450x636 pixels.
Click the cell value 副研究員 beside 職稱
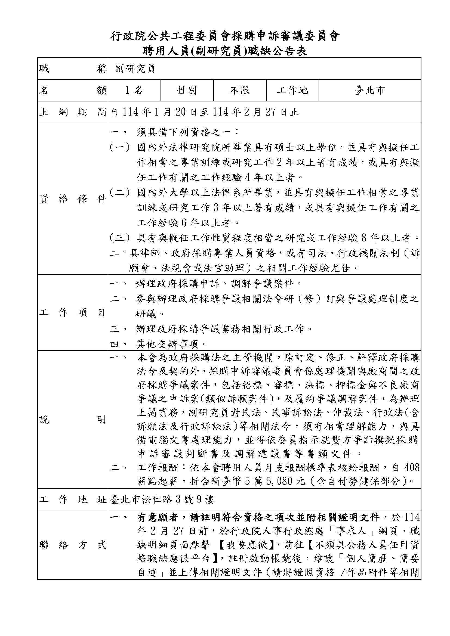[135, 69]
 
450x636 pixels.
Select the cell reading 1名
[134, 90]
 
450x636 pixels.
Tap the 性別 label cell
[187, 90]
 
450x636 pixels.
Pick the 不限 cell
[240, 90]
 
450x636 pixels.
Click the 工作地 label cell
[292, 90]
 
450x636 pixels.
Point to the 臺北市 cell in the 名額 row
[370, 90]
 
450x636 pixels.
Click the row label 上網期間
[73, 112]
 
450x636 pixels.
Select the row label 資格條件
[73, 199]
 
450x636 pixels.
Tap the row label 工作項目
[73, 312]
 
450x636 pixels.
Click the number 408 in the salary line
[412, 468]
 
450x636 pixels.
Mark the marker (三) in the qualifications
[120, 238]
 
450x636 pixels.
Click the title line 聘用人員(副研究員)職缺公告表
[224, 51]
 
